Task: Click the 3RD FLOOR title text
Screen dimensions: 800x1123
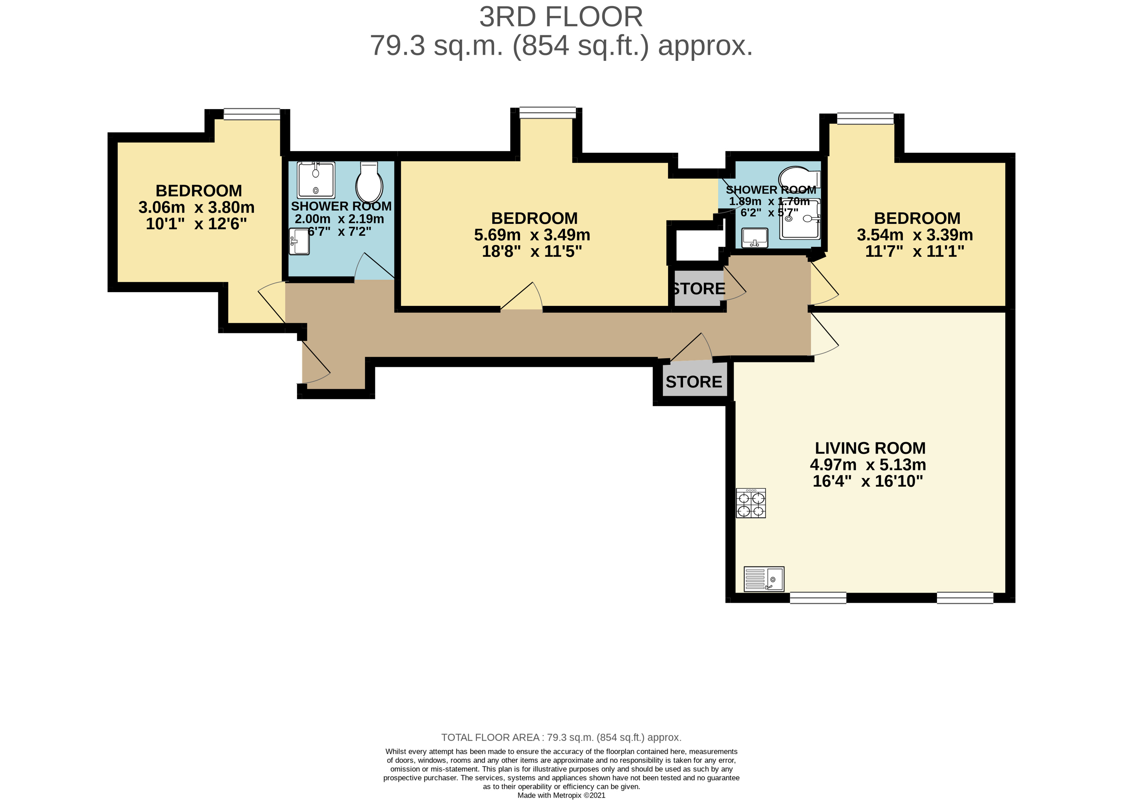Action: coord(561,18)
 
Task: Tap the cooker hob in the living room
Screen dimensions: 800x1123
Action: coord(751,503)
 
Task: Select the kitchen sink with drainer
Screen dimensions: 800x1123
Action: coord(763,579)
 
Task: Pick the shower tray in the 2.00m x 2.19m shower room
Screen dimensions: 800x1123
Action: coord(316,180)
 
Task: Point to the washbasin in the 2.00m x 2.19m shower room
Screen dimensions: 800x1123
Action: coord(299,241)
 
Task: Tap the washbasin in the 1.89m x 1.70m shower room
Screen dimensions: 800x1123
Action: coord(754,237)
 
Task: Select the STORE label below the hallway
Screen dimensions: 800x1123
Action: coord(694,382)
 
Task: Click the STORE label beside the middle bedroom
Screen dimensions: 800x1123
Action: coord(698,289)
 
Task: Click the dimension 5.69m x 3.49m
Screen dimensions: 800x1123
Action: coord(532,235)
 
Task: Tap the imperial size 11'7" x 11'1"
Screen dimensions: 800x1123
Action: coord(915,251)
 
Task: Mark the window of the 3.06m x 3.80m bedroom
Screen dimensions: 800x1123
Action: coord(252,114)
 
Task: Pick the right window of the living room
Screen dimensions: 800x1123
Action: coord(964,598)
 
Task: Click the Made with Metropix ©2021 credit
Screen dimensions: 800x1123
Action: coord(561,795)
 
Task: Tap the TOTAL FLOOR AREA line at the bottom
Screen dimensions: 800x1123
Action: coord(561,738)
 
